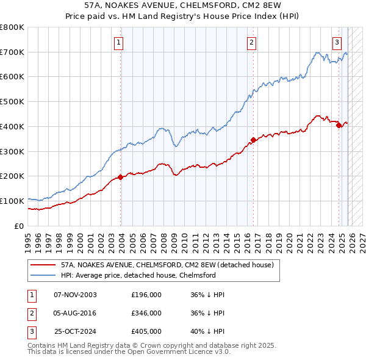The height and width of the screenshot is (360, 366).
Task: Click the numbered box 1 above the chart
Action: (118, 42)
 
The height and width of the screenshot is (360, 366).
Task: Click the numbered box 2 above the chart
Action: (251, 42)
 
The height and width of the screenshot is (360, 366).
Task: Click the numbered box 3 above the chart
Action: (337, 42)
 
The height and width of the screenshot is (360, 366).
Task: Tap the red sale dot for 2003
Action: (120, 177)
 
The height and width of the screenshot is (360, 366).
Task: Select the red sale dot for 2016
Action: (253, 140)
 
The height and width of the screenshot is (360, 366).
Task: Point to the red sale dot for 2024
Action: (339, 125)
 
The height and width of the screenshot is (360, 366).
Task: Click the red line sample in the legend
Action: (43, 265)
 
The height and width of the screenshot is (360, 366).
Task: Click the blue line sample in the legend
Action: (43, 276)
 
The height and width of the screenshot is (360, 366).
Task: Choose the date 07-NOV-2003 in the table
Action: (75, 295)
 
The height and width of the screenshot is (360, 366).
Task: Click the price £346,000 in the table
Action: (146, 313)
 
